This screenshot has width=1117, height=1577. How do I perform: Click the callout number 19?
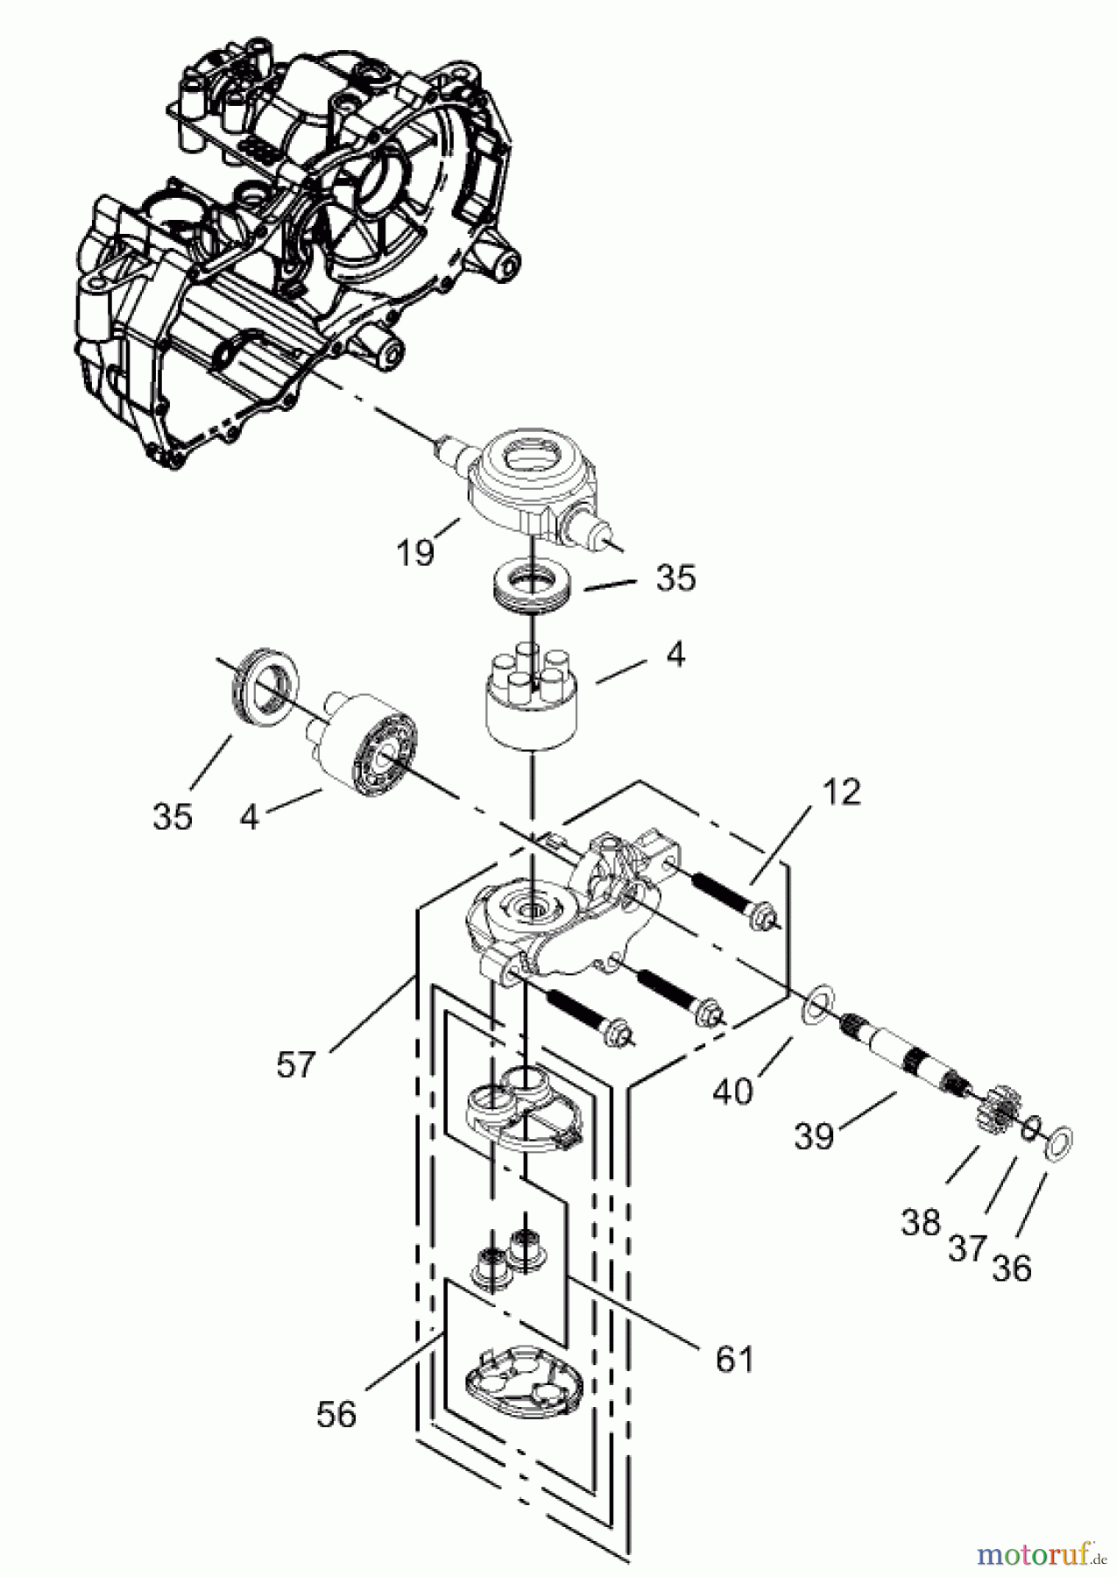coord(414,552)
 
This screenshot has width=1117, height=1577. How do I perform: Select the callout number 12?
coord(841,792)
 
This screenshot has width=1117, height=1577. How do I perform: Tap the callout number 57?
coord(295,1064)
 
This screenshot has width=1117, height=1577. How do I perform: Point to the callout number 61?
coord(733,1358)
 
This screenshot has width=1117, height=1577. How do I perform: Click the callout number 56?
coord(336,1414)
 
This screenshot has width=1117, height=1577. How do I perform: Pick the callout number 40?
coord(732,1091)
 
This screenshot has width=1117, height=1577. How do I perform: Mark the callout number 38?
coord(920,1222)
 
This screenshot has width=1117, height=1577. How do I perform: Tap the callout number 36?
coord(1012,1267)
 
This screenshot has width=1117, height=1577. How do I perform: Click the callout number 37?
coord(967,1247)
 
